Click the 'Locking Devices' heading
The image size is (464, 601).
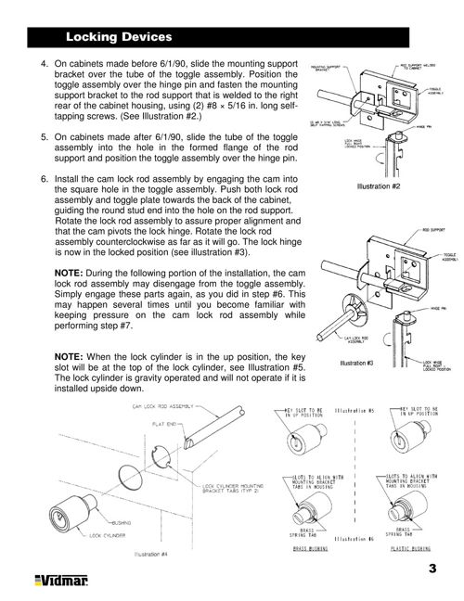tap(119, 37)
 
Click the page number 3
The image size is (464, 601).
tap(432, 568)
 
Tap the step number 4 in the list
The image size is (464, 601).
tap(44, 64)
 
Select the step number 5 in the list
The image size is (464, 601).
tap(44, 136)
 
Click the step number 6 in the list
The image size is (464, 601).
tap(44, 177)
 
